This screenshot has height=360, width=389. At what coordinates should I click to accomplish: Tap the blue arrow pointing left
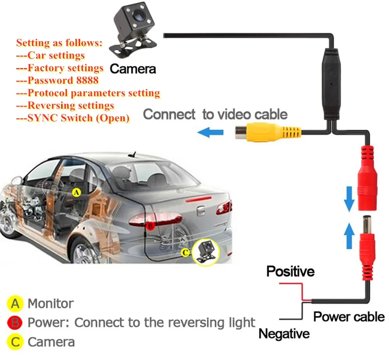(210, 132)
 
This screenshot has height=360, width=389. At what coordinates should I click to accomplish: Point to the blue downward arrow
(349, 198)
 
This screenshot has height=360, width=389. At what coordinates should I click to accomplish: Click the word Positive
(290, 271)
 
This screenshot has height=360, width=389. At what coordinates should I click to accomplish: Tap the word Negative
(284, 334)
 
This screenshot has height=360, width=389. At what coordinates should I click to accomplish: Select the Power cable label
(349, 316)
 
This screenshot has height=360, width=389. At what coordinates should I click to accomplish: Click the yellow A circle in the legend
(15, 303)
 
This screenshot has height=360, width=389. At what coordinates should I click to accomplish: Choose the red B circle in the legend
(15, 323)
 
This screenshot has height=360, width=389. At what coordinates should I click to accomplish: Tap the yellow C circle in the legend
(15, 342)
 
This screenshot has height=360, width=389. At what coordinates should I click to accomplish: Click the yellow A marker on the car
(76, 192)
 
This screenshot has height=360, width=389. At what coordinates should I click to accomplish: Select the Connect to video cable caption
(215, 114)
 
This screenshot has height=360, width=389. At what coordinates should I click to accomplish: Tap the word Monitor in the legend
(51, 303)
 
